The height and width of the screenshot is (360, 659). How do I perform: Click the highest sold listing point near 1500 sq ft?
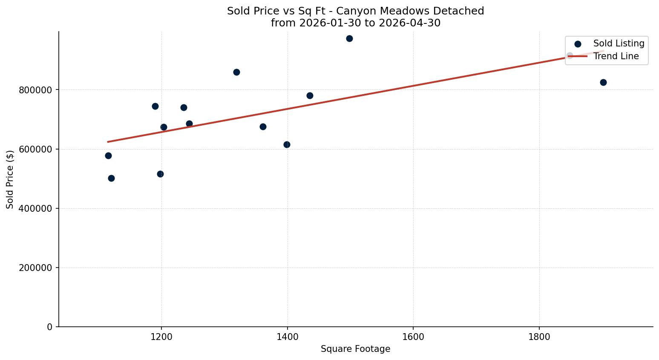pyautogui.click(x=349, y=38)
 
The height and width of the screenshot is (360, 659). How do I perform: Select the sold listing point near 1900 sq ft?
pyautogui.click(x=603, y=82)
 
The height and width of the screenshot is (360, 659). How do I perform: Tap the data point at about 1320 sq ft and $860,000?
pyautogui.click(x=236, y=72)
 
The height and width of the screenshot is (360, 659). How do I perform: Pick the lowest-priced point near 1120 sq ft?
pyautogui.click(x=111, y=178)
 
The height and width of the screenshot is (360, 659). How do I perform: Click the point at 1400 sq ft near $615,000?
pyautogui.click(x=287, y=144)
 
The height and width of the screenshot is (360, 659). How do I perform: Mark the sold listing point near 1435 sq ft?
pyautogui.click(x=310, y=95)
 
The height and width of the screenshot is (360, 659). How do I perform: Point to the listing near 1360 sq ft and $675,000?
pyautogui.click(x=263, y=127)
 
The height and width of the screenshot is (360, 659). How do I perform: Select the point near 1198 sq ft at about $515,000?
pyautogui.click(x=160, y=174)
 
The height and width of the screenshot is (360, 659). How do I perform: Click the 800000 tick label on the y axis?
pyautogui.click(x=35, y=90)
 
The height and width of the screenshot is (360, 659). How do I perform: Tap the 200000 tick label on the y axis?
pyautogui.click(x=35, y=268)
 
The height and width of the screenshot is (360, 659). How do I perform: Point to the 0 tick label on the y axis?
pyautogui.click(x=49, y=327)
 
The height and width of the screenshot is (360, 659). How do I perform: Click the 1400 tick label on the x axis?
pyautogui.click(x=288, y=337)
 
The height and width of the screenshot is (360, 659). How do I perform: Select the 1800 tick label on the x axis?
pyautogui.click(x=539, y=337)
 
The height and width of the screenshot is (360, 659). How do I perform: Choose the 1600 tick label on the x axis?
pyautogui.click(x=413, y=337)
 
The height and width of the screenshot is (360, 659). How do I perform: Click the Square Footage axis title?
pyautogui.click(x=355, y=349)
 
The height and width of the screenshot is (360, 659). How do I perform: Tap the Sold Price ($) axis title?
pyautogui.click(x=10, y=180)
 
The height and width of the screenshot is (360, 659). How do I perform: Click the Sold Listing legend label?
pyautogui.click(x=619, y=43)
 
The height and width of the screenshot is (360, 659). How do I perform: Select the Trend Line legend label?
pyautogui.click(x=616, y=56)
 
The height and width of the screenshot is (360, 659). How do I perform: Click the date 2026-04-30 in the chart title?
pyautogui.click(x=409, y=23)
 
